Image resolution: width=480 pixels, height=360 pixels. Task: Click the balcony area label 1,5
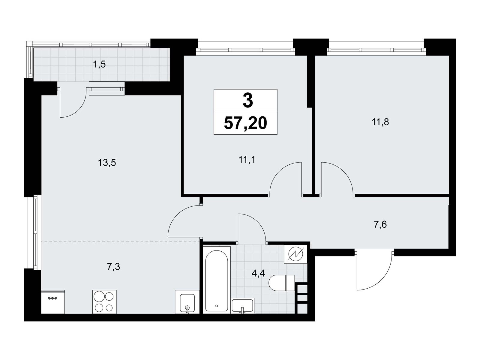[99, 64]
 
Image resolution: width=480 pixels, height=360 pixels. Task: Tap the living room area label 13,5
[107, 163]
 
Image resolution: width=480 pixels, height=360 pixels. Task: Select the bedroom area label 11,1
[247, 160]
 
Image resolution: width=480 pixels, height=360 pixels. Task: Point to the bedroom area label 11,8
[380, 122]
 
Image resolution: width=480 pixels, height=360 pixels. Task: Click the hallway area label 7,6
[380, 224]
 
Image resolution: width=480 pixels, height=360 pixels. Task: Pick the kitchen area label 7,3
[113, 267]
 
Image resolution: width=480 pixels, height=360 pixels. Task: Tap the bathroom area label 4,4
[258, 273]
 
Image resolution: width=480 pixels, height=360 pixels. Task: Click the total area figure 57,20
[245, 123]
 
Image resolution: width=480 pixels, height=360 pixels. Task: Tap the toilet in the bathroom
[282, 283]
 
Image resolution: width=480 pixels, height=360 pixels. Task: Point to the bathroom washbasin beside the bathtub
[242, 306]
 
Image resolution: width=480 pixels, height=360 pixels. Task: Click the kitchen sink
[187, 302]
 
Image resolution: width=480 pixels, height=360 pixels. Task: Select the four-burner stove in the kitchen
[104, 302]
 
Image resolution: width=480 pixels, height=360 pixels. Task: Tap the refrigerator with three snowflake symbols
[53, 302]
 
